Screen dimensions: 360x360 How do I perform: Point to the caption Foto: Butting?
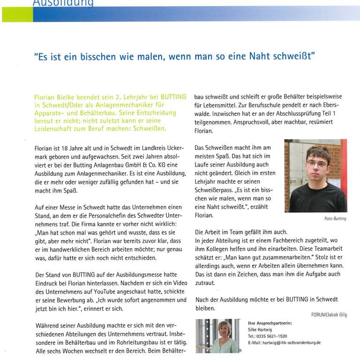tap(335, 219)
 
